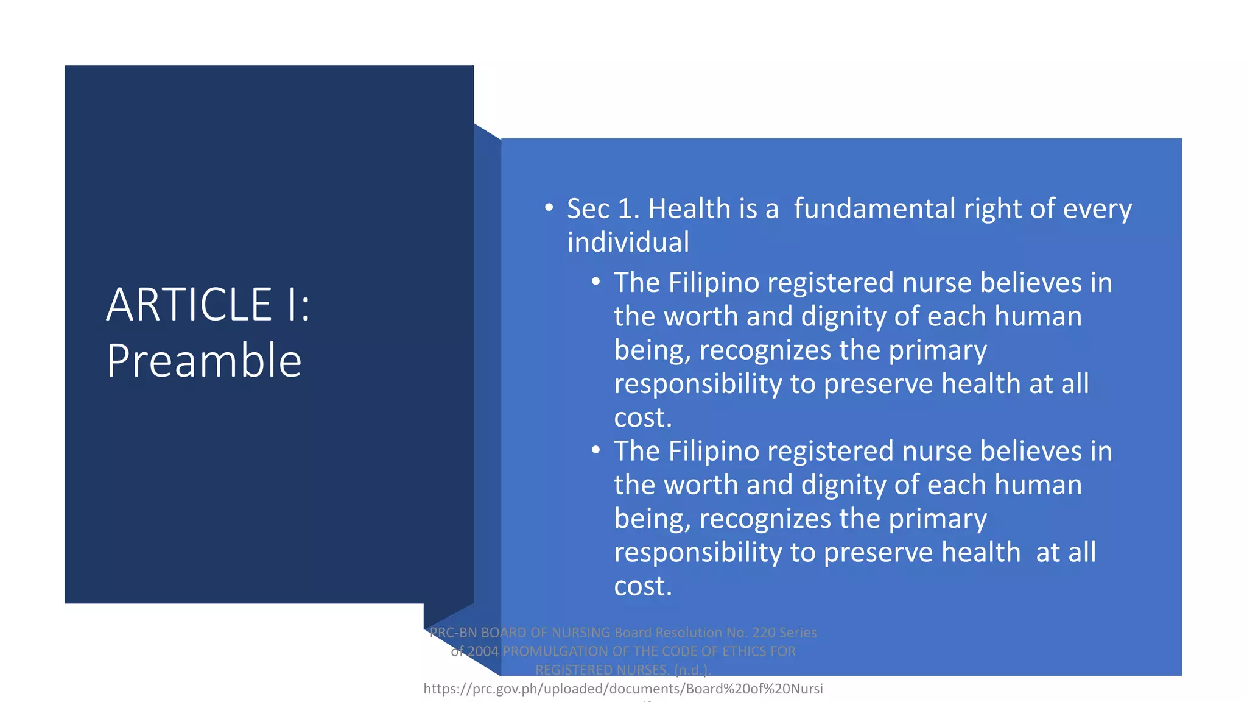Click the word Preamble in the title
(x=204, y=361)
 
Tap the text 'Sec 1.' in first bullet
(x=603, y=209)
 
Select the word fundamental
(x=874, y=209)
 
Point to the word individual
(x=628, y=243)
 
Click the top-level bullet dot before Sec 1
(x=549, y=208)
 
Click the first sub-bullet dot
(x=595, y=282)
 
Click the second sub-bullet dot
(x=595, y=450)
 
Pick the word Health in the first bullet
(x=689, y=209)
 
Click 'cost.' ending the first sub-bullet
(x=642, y=418)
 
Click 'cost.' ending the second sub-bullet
(x=642, y=586)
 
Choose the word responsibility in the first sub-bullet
(x=698, y=385)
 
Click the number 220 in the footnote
(x=764, y=633)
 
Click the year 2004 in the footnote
(x=483, y=651)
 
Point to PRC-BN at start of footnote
(x=453, y=633)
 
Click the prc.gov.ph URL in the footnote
(x=622, y=689)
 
